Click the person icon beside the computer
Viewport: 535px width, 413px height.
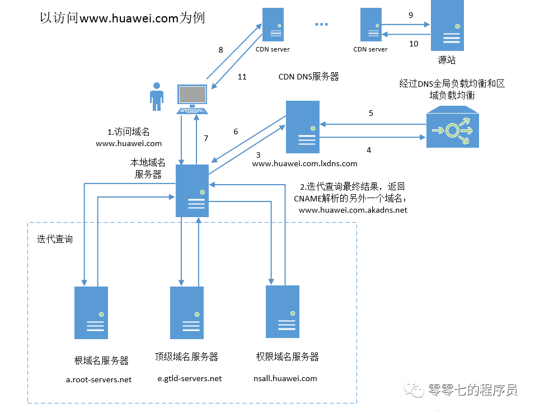click(157, 96)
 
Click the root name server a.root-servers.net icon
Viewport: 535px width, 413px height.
click(91, 312)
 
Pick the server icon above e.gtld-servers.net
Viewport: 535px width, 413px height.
click(187, 312)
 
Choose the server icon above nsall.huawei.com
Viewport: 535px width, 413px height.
click(283, 311)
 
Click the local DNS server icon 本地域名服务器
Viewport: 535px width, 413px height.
click(192, 191)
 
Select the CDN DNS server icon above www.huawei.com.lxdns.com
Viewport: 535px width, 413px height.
click(302, 127)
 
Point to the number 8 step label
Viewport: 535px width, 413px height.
click(220, 50)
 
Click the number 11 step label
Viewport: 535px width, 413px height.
click(242, 77)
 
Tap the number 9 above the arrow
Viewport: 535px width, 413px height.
click(411, 16)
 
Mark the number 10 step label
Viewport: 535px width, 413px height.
click(414, 44)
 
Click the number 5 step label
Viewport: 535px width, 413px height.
click(370, 113)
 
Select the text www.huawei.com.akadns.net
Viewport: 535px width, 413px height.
click(353, 210)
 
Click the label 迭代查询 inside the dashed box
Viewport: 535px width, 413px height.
click(55, 239)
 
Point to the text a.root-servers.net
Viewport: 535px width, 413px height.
click(99, 379)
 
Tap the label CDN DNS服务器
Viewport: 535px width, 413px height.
click(308, 77)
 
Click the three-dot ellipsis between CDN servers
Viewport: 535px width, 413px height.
click(322, 25)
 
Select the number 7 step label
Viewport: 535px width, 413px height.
click(206, 138)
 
